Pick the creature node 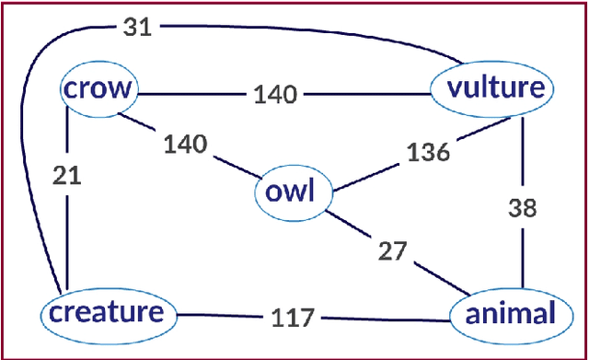point(107,313)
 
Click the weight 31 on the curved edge point(137,26)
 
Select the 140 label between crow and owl point(185,144)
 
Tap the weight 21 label point(66,176)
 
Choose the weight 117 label point(293,318)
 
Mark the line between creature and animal point(387,318)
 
